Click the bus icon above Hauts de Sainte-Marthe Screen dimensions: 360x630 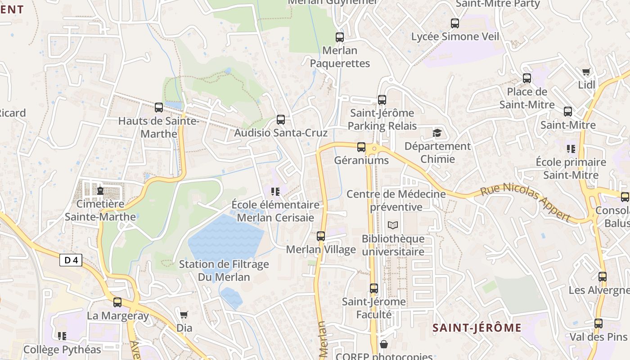[158, 108]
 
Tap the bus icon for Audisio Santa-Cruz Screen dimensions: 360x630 [281, 120]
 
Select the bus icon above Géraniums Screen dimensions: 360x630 [361, 147]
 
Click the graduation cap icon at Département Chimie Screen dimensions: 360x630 [437, 133]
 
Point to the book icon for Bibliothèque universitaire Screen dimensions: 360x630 [393, 225]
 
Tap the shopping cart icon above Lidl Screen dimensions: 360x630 [586, 72]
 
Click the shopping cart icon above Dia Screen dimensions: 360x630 [184, 315]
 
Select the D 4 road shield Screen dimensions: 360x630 [71, 260]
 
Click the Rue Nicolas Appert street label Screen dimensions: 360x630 [526, 202]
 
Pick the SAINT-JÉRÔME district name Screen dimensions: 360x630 [477, 328]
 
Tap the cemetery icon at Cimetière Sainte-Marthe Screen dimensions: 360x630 [100, 191]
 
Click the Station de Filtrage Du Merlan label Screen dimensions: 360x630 [224, 270]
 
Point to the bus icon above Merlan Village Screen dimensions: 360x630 [321, 236]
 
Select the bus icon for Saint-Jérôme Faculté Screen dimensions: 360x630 [374, 288]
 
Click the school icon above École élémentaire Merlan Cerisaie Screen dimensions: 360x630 [275, 192]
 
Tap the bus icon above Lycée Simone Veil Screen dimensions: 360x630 [455, 23]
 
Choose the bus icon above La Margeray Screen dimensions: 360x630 [117, 302]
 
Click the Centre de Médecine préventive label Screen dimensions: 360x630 [396, 200]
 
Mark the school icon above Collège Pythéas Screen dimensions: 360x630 [62, 336]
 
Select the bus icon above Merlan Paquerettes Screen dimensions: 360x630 [340, 37]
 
